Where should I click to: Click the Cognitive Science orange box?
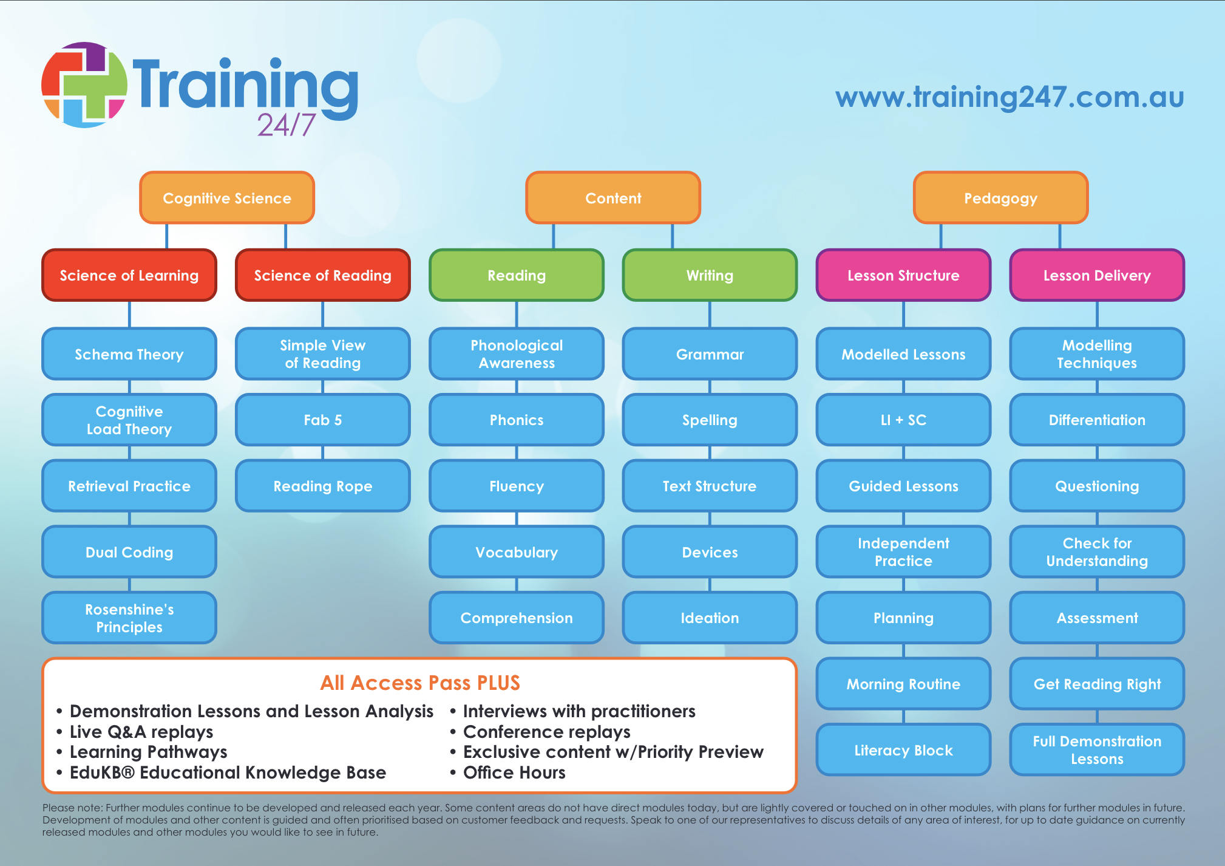(x=227, y=198)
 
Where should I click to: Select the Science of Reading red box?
(x=322, y=275)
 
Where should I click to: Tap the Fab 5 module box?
(x=322, y=420)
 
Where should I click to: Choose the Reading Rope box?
(x=322, y=486)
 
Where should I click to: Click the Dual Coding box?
(x=129, y=552)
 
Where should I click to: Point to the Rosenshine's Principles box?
(x=129, y=618)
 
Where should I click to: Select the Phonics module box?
(x=517, y=420)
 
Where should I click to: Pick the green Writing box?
(x=710, y=275)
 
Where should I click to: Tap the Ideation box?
(x=710, y=618)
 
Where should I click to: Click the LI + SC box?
(x=903, y=420)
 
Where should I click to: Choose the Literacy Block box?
(x=903, y=750)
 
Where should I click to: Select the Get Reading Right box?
(x=1097, y=684)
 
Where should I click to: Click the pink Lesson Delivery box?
(x=1097, y=275)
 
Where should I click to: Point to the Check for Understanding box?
(x=1097, y=552)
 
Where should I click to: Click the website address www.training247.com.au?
(x=1010, y=97)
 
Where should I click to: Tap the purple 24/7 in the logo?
(x=287, y=125)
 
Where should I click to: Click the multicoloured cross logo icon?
(x=84, y=84)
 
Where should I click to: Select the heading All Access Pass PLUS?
(x=420, y=683)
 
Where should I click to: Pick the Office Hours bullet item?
(x=514, y=772)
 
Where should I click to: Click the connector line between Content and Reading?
(x=554, y=236)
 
